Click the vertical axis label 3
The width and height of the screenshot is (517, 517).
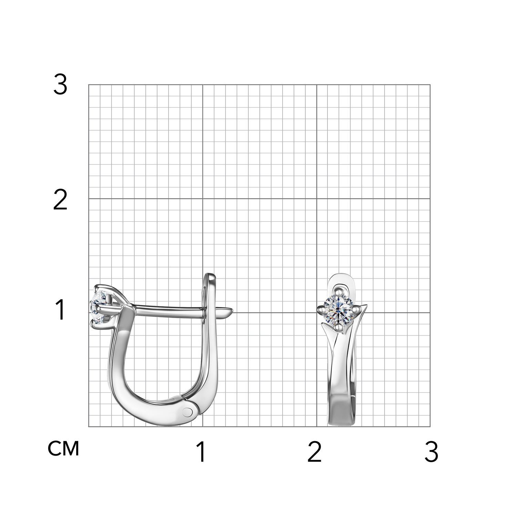pos(60,85)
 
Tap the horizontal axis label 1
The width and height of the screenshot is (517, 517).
pos(201,452)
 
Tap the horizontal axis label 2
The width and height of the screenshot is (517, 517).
pos(314,452)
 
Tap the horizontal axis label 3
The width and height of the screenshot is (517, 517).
pos(431,452)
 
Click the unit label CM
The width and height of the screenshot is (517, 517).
pos(63,448)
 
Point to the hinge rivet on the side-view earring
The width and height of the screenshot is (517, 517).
pos(188,411)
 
